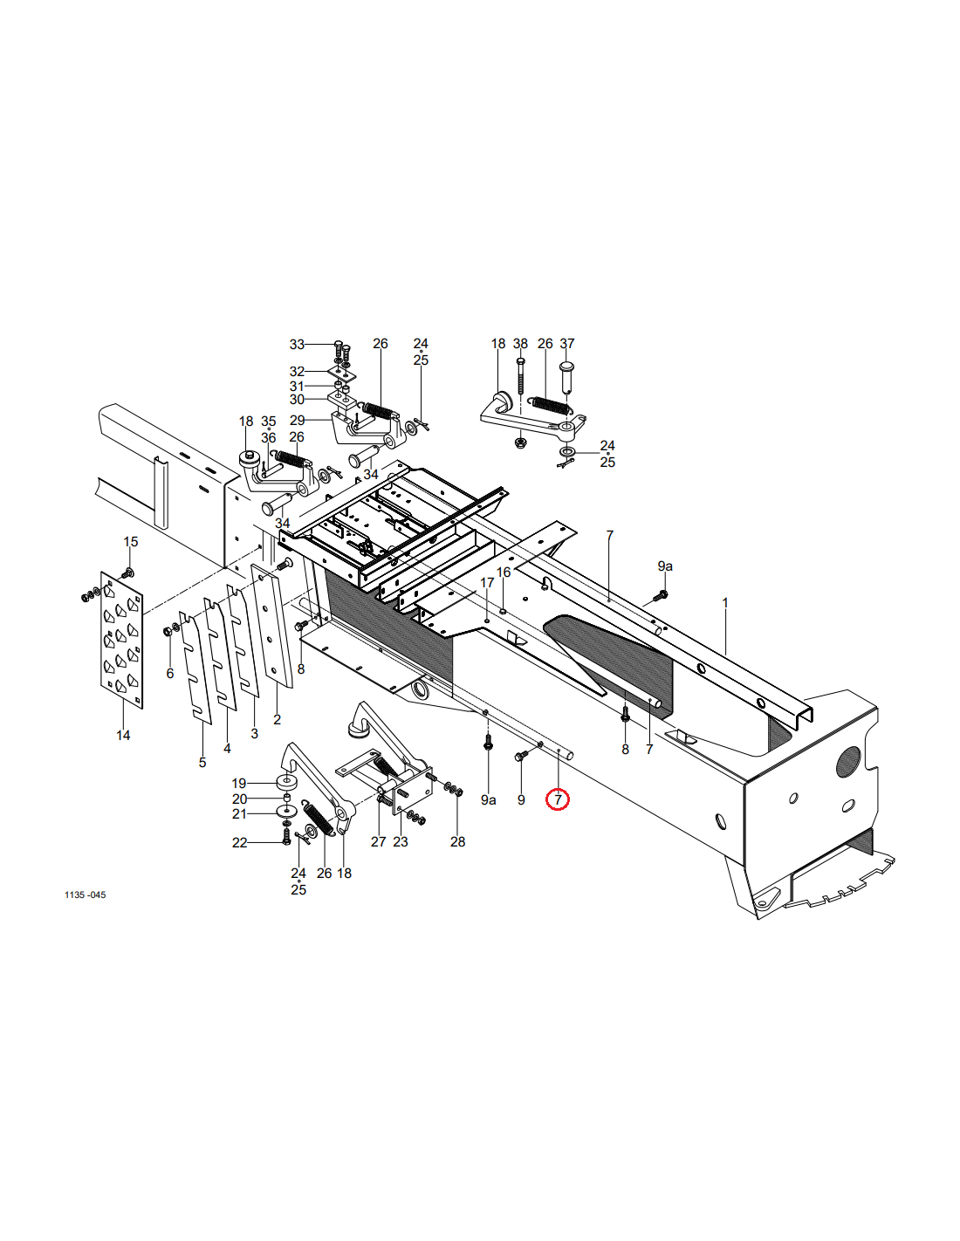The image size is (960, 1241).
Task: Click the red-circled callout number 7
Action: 558,799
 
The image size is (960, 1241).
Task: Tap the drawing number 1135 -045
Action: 86,895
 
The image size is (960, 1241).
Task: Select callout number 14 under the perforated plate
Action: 123,736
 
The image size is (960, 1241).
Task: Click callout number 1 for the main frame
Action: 725,603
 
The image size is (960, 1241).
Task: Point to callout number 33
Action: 297,345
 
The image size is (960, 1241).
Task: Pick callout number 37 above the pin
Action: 566,343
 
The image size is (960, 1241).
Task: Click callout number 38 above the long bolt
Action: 520,343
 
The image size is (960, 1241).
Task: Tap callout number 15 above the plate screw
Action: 131,541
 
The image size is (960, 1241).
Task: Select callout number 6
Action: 169,674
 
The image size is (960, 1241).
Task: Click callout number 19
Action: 239,783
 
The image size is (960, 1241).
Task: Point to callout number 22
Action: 239,842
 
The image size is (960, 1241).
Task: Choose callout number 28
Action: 457,841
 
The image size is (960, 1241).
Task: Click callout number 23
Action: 401,841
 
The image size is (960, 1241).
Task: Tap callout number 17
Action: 487,582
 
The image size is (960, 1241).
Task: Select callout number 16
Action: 504,573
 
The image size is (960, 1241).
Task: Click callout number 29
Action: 297,421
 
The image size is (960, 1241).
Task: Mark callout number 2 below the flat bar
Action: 277,720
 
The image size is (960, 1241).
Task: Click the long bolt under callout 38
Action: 520,376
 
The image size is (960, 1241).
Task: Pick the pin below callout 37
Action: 567,376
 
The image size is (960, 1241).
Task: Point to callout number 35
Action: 269,422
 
